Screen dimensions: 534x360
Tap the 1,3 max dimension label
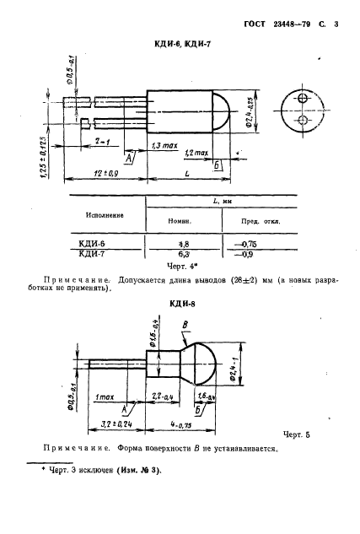(x=162, y=147)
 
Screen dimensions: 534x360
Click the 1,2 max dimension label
(x=196, y=154)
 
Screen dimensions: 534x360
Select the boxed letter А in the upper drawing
(x=128, y=158)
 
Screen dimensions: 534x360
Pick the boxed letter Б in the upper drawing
(x=217, y=166)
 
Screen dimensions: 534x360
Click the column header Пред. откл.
(x=259, y=223)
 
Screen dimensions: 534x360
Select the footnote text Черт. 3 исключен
(x=99, y=472)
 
